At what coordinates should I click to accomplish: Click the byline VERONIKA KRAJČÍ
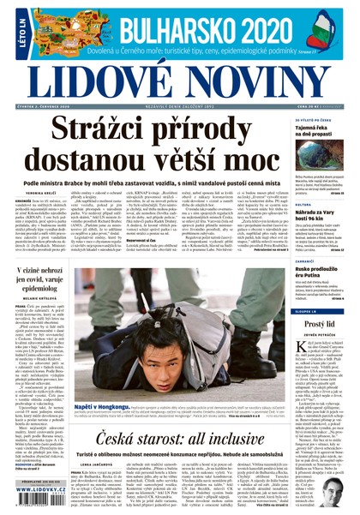[x=42, y=194]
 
